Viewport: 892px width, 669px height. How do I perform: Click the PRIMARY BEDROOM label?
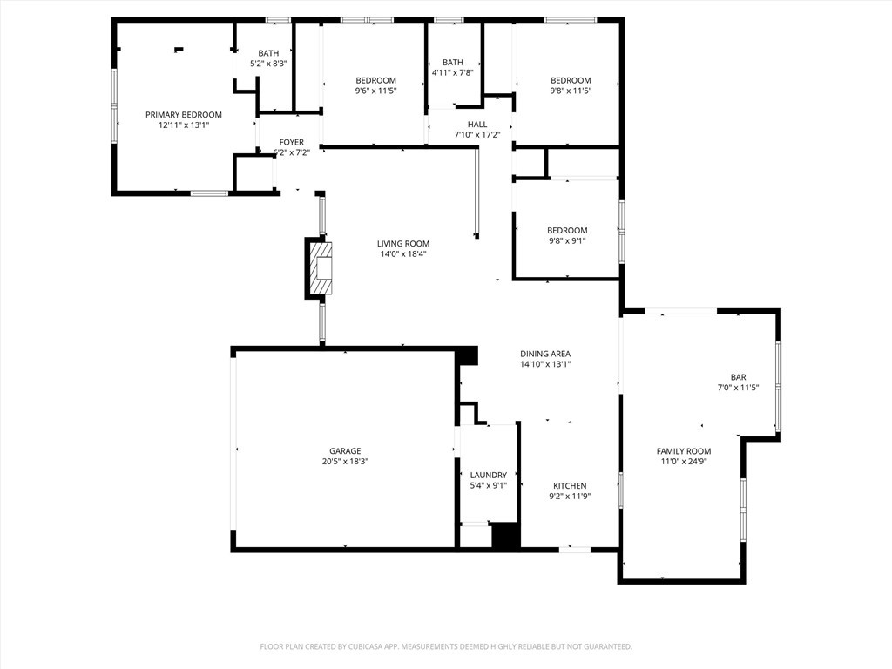point(183,114)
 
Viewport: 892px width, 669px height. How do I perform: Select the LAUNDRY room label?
point(488,475)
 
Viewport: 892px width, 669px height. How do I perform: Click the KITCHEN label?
point(570,485)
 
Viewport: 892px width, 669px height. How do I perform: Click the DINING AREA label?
point(545,354)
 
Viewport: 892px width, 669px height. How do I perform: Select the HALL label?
point(477,124)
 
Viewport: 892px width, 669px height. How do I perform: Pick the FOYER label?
point(291,142)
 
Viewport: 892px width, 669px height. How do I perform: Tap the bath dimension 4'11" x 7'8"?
point(452,72)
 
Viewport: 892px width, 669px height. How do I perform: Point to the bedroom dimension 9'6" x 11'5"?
point(375,91)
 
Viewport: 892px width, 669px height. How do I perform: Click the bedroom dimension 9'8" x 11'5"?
point(570,91)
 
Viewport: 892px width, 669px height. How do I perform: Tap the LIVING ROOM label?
point(403,243)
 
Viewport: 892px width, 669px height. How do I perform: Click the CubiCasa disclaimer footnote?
point(446,646)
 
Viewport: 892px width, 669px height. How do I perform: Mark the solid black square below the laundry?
point(505,535)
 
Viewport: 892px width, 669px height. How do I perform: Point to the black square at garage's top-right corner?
point(468,355)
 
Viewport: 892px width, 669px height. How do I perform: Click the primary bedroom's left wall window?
point(114,105)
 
